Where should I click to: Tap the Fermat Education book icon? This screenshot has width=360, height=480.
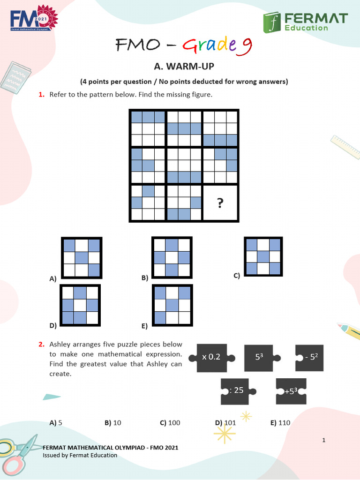pyautogui.click(x=272, y=22)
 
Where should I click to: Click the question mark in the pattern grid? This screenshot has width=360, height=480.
pyautogui.click(x=220, y=202)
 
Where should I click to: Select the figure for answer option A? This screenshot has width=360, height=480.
pyautogui.click(x=82, y=257)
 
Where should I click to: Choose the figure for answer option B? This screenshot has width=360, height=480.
pyautogui.click(x=172, y=257)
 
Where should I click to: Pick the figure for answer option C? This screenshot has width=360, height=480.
pyautogui.click(x=262, y=256)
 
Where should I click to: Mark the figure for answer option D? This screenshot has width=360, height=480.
pyautogui.click(x=80, y=305)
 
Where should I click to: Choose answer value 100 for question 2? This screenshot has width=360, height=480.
pyautogui.click(x=174, y=423)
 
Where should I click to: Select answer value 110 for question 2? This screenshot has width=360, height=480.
pyautogui.click(x=284, y=423)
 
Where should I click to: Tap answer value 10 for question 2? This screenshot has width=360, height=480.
pyautogui.click(x=117, y=423)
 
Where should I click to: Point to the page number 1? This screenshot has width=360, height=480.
pyautogui.click(x=324, y=440)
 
